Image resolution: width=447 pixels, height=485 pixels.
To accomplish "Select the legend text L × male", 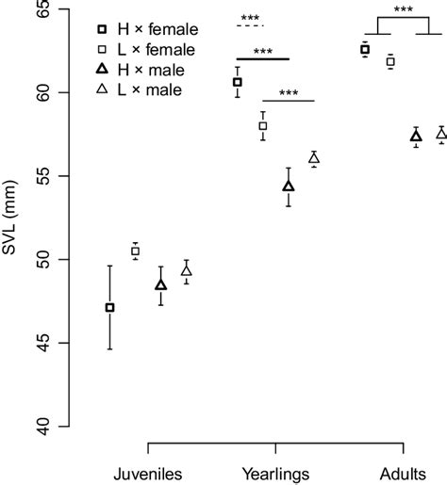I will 152,90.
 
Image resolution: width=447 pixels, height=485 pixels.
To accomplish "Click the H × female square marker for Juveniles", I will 110,307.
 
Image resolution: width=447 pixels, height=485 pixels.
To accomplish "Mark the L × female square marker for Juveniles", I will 135,251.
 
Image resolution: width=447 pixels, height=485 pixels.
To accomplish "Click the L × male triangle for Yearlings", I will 314,158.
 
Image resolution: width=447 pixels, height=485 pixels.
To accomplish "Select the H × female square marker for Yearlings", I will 238,82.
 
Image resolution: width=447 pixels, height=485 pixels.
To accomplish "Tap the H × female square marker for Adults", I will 365,49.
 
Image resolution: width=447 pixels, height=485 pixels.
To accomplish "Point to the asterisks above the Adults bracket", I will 403,10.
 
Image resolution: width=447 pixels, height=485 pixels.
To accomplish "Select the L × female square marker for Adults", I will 390,61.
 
